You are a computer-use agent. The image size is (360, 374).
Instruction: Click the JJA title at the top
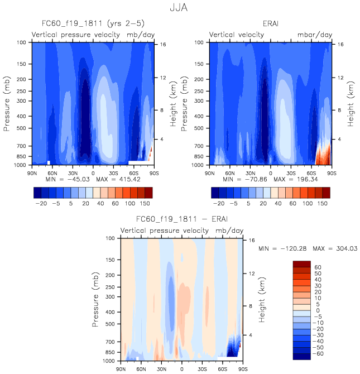click(180, 8)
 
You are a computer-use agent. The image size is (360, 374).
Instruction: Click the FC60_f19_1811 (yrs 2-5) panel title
click(91, 25)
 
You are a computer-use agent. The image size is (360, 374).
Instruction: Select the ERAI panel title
click(270, 25)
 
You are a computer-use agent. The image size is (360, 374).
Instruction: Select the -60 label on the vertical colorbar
click(318, 354)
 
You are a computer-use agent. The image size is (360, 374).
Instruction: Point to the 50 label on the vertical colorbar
click(318, 274)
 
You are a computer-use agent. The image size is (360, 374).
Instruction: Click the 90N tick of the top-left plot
click(32, 172)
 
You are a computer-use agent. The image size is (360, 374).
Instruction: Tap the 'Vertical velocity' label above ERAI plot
click(237, 35)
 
